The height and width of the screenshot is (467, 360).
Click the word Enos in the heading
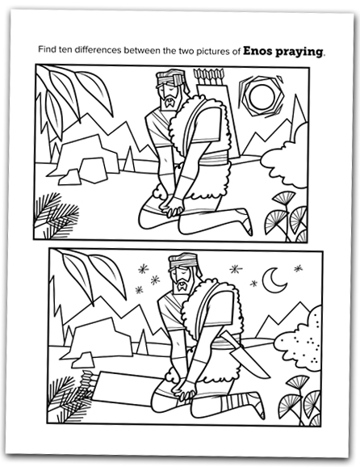click(x=257, y=51)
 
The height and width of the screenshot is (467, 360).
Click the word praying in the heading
click(x=299, y=52)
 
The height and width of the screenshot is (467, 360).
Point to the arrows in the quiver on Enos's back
click(x=208, y=76)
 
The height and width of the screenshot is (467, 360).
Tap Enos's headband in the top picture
click(x=171, y=79)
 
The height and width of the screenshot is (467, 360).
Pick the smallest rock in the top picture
click(x=70, y=178)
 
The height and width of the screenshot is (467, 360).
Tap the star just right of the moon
click(x=298, y=268)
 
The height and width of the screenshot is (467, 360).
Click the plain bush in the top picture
click(x=286, y=157)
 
